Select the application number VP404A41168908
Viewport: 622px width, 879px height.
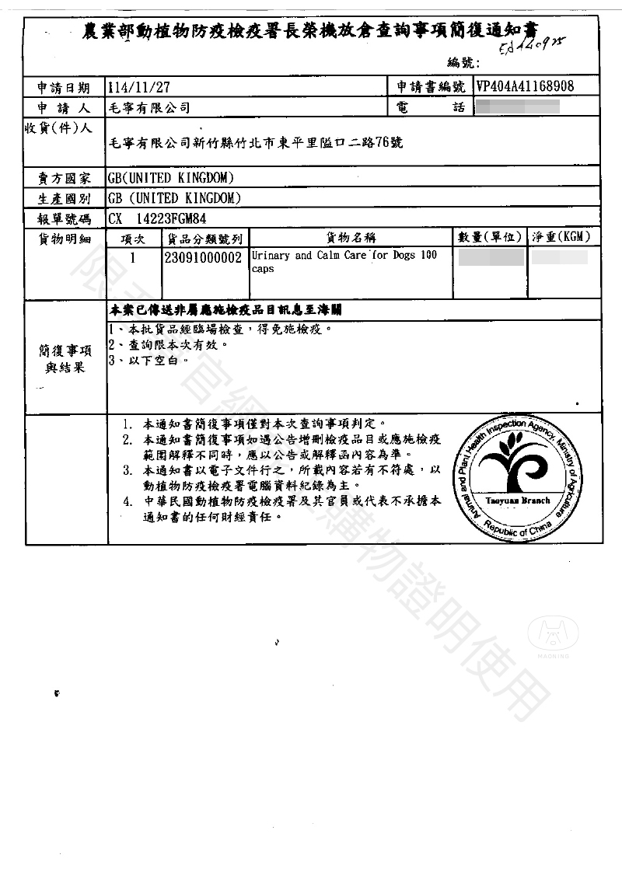tap(525, 86)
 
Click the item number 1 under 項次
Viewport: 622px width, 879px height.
tap(133, 257)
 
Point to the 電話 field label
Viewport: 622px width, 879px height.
tap(430, 107)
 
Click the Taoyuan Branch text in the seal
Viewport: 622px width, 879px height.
tap(517, 501)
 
